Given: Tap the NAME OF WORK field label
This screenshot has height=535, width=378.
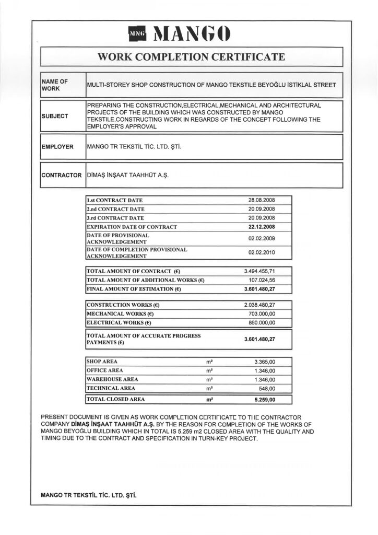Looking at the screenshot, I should click(x=55, y=85).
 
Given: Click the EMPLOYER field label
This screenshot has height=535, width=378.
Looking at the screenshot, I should click(x=57, y=147).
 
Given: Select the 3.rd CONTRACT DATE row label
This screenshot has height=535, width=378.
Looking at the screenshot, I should click(x=114, y=218).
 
